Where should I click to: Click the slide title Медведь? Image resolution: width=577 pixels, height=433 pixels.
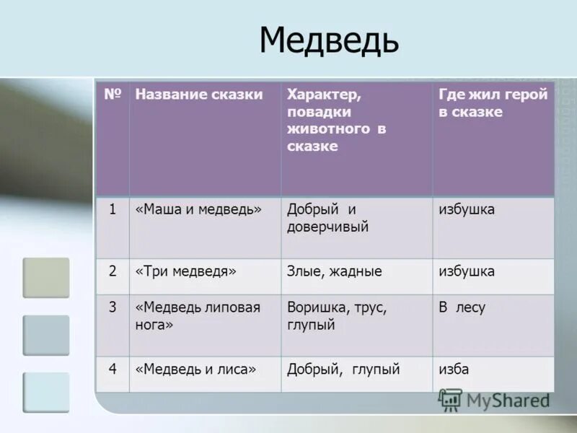pos(328,40)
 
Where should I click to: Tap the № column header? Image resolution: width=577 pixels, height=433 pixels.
pos(112,95)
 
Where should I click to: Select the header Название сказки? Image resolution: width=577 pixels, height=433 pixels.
pos(198,95)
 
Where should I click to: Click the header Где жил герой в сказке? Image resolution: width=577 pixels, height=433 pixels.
pos(493,103)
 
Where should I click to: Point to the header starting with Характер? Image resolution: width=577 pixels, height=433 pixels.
pos(336,121)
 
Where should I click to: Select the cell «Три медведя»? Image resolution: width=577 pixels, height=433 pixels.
pos(185,272)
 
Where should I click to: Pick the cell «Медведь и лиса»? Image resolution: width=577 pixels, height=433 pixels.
pos(195,369)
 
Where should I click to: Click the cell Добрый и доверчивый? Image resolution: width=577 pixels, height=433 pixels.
pos(327,218)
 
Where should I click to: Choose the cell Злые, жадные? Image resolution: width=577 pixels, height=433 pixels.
pos(334,272)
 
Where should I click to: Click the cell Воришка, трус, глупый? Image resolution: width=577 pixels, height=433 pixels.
pos(337,315)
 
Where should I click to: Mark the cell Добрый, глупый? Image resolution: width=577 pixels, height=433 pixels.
pos(343,369)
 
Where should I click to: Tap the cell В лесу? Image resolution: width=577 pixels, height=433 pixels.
pos(462,307)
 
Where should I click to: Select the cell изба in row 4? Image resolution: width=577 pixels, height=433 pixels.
pos(454,369)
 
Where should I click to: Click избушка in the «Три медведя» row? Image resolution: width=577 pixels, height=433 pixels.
pos(467,272)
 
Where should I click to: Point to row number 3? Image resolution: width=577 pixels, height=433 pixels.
pos(113,307)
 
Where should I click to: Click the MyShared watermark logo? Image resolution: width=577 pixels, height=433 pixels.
pos(493,400)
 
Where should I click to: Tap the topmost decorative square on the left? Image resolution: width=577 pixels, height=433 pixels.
pos(46,278)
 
